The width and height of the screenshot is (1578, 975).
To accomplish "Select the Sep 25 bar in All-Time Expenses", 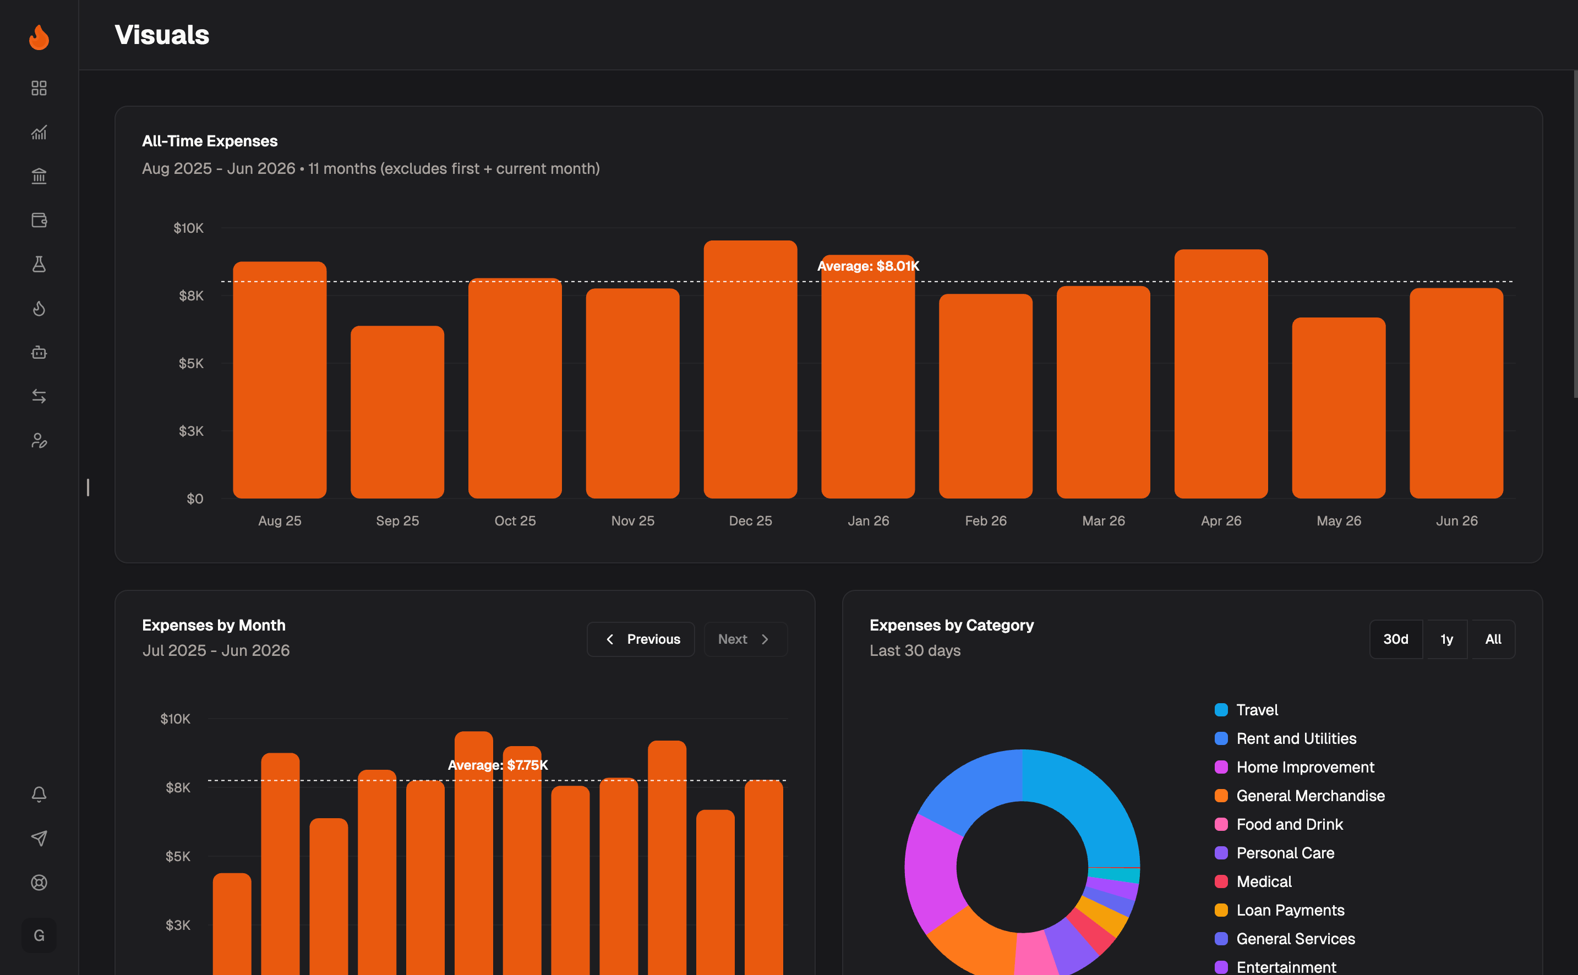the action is click(397, 412).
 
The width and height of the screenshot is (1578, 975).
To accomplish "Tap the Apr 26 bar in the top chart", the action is click(1221, 374).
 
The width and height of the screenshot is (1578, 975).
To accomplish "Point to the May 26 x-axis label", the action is click(1339, 521).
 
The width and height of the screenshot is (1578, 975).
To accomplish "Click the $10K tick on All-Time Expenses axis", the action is click(188, 228).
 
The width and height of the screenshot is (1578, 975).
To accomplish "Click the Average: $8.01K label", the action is click(868, 266).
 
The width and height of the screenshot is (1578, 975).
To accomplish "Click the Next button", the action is click(745, 639).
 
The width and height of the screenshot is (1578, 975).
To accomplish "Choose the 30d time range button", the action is click(1395, 639).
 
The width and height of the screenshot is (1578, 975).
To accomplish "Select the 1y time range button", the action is click(1446, 639).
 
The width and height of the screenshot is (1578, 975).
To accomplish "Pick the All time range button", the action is click(1493, 639).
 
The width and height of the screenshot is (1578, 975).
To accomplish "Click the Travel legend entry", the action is click(1246, 710).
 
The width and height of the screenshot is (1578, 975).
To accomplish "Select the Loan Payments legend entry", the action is click(1280, 911).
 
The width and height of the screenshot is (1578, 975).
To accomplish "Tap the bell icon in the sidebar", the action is click(39, 795).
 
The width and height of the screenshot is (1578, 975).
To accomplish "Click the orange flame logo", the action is click(39, 37).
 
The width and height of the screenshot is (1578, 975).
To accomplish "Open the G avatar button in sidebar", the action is click(39, 935).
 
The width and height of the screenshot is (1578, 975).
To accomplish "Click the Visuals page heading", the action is click(162, 35).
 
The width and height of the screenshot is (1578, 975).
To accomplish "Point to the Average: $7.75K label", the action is click(498, 765).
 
